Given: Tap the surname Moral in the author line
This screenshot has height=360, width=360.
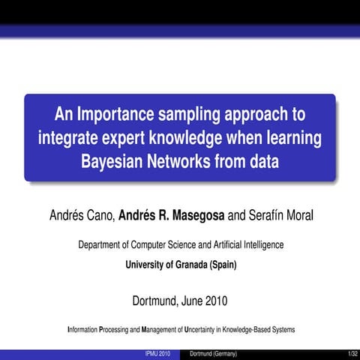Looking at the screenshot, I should (x=296, y=217).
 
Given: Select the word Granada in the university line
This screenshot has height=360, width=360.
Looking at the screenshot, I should (x=183, y=264).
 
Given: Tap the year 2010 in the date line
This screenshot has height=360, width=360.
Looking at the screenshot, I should (x=213, y=302).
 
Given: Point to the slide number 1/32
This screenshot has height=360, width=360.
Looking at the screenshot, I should (x=352, y=353).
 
